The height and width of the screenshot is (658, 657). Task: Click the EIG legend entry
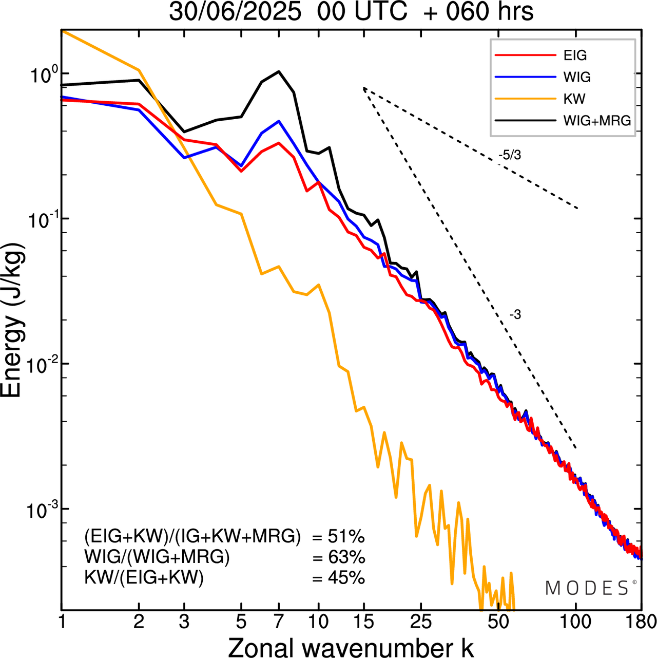575,55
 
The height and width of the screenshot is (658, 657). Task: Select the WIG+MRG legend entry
597,121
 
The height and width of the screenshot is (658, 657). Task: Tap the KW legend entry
574,99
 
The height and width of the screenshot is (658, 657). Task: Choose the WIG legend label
577,77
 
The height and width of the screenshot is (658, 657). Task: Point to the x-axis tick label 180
641,622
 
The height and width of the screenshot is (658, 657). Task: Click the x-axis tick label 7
279,622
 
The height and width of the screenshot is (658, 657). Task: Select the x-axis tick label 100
576,622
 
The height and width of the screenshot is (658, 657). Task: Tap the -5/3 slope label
509,155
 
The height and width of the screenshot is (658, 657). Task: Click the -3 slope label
515,315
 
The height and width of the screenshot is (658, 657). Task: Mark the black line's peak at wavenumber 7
279,71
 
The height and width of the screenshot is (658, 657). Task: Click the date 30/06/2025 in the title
235,12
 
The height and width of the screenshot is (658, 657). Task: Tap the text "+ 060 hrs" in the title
478,12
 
